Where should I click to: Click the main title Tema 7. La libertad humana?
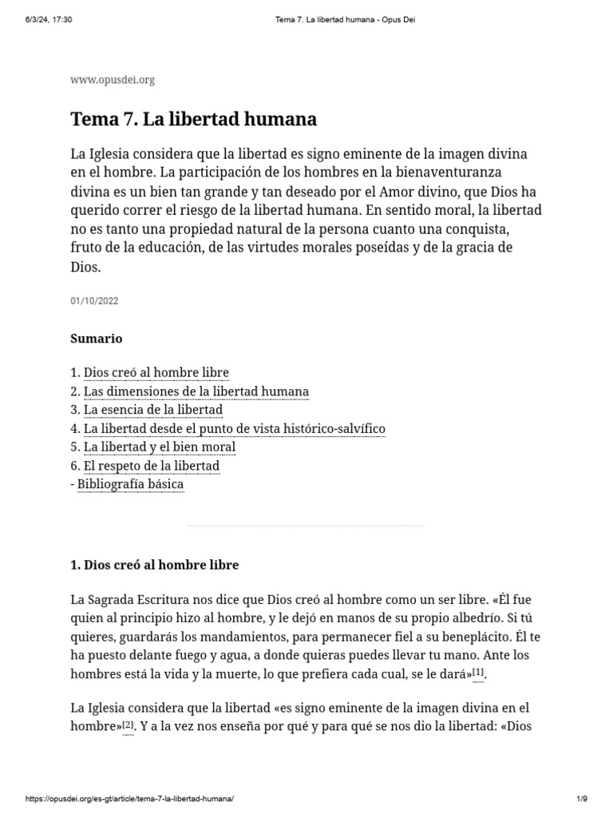coord(194,120)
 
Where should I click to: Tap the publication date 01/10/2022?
coord(95,301)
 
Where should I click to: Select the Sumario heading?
coord(97,339)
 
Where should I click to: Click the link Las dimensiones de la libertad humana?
coord(196,391)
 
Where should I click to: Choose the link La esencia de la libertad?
coord(152,410)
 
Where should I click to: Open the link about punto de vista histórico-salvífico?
coord(234,429)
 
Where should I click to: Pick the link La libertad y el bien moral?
coord(159,447)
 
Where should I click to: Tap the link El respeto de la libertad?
coord(151,466)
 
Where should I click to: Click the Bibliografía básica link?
coord(130,484)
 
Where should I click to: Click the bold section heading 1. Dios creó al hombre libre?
coord(155,565)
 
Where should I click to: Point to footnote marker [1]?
coord(478,673)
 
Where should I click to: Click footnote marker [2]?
coord(129,725)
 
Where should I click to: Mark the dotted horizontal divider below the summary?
coord(306,526)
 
